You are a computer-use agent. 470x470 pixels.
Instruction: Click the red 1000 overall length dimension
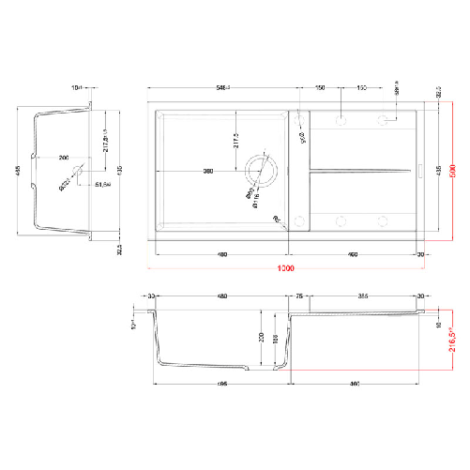(x=286, y=269)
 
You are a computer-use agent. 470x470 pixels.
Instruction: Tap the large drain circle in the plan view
(x=261, y=171)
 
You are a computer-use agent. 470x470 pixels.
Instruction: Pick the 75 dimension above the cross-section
(x=300, y=297)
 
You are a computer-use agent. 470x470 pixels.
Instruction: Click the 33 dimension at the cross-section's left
(x=151, y=297)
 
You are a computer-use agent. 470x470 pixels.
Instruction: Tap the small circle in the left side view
(x=78, y=173)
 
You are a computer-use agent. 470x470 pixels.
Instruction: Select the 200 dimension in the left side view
(x=63, y=158)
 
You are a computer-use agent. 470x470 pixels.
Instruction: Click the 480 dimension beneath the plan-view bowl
(x=222, y=254)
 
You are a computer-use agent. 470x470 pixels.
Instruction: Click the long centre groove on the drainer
(x=360, y=171)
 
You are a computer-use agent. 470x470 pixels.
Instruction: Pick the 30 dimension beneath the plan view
(x=422, y=254)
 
